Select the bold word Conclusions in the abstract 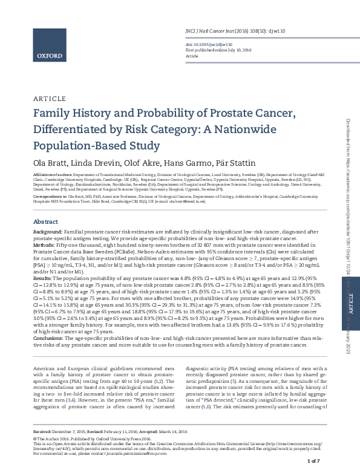point(48,338)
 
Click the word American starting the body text point(46,368)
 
